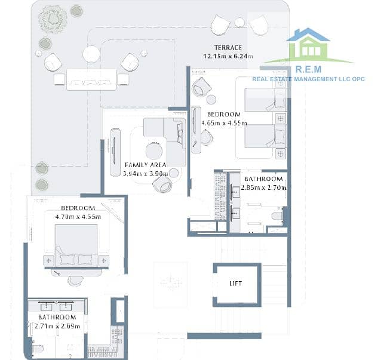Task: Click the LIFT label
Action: [x=235, y=284]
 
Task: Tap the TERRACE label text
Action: [x=228, y=47]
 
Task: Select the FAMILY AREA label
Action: [x=146, y=165]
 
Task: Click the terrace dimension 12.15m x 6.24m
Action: [x=228, y=56]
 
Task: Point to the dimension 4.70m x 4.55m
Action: [x=78, y=217]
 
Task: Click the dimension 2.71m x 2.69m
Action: [x=57, y=326]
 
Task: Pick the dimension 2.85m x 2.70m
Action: [x=264, y=187]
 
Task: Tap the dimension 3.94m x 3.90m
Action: [x=145, y=174]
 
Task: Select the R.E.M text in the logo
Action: [x=308, y=69]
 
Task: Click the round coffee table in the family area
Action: [x=154, y=151]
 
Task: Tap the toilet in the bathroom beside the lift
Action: [x=277, y=216]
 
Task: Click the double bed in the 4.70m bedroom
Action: [x=76, y=245]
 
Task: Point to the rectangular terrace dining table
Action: [x=91, y=79]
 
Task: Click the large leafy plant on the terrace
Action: [x=53, y=20]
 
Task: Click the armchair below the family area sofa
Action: [x=162, y=184]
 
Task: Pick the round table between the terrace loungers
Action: [x=240, y=23]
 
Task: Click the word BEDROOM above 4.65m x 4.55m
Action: [x=224, y=114]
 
